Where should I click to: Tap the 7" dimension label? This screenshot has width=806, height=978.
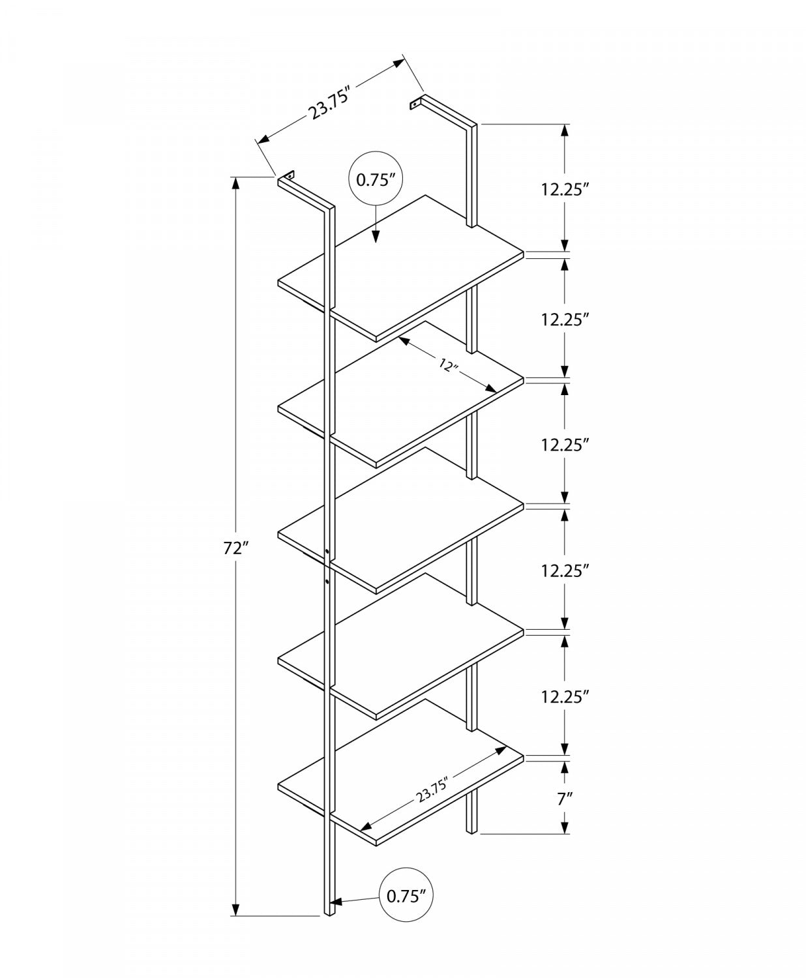coord(565,799)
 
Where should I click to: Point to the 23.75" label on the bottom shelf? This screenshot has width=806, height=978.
coord(433,787)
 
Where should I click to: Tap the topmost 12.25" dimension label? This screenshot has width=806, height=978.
coord(565,190)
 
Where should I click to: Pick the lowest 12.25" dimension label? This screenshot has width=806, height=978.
coord(565,696)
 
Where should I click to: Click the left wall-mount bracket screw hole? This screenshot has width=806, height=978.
coord(288,175)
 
